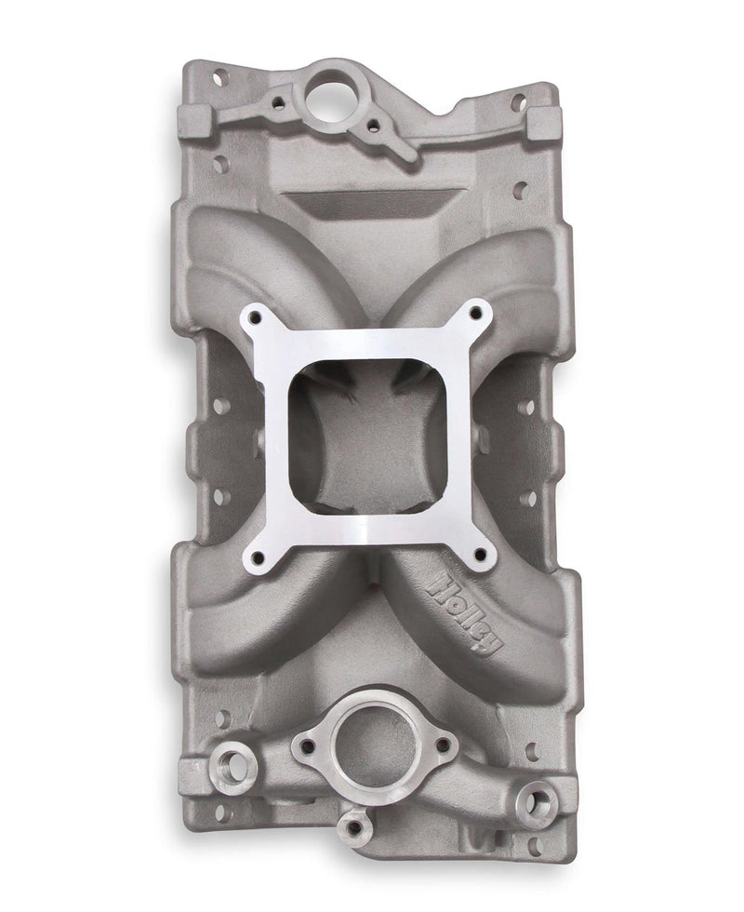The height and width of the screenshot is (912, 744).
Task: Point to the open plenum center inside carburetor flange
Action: pos(365,437)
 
